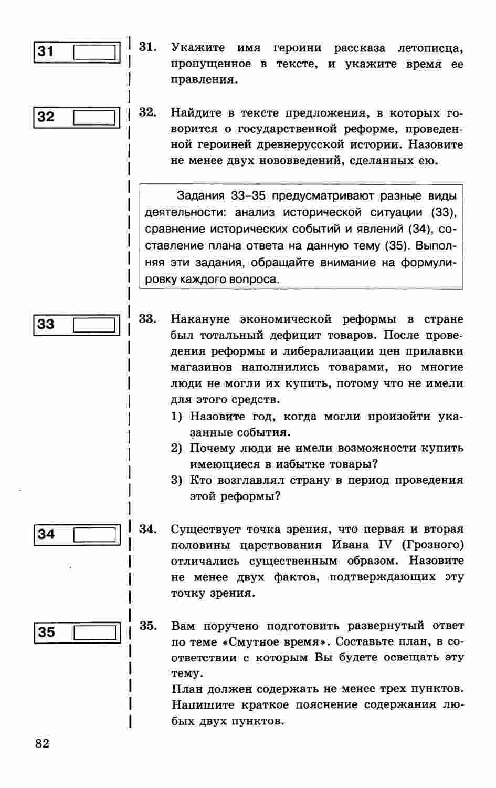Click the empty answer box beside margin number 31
tap(94, 53)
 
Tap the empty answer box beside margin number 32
tap(94, 117)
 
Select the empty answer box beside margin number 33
tap(94, 325)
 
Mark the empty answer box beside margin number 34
tap(94, 535)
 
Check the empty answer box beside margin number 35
tap(94, 633)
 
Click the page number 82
tap(43, 743)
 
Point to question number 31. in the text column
tap(147, 47)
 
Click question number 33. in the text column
tap(147, 319)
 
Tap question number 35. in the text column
tap(148, 626)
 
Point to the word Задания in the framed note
tap(200, 196)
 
